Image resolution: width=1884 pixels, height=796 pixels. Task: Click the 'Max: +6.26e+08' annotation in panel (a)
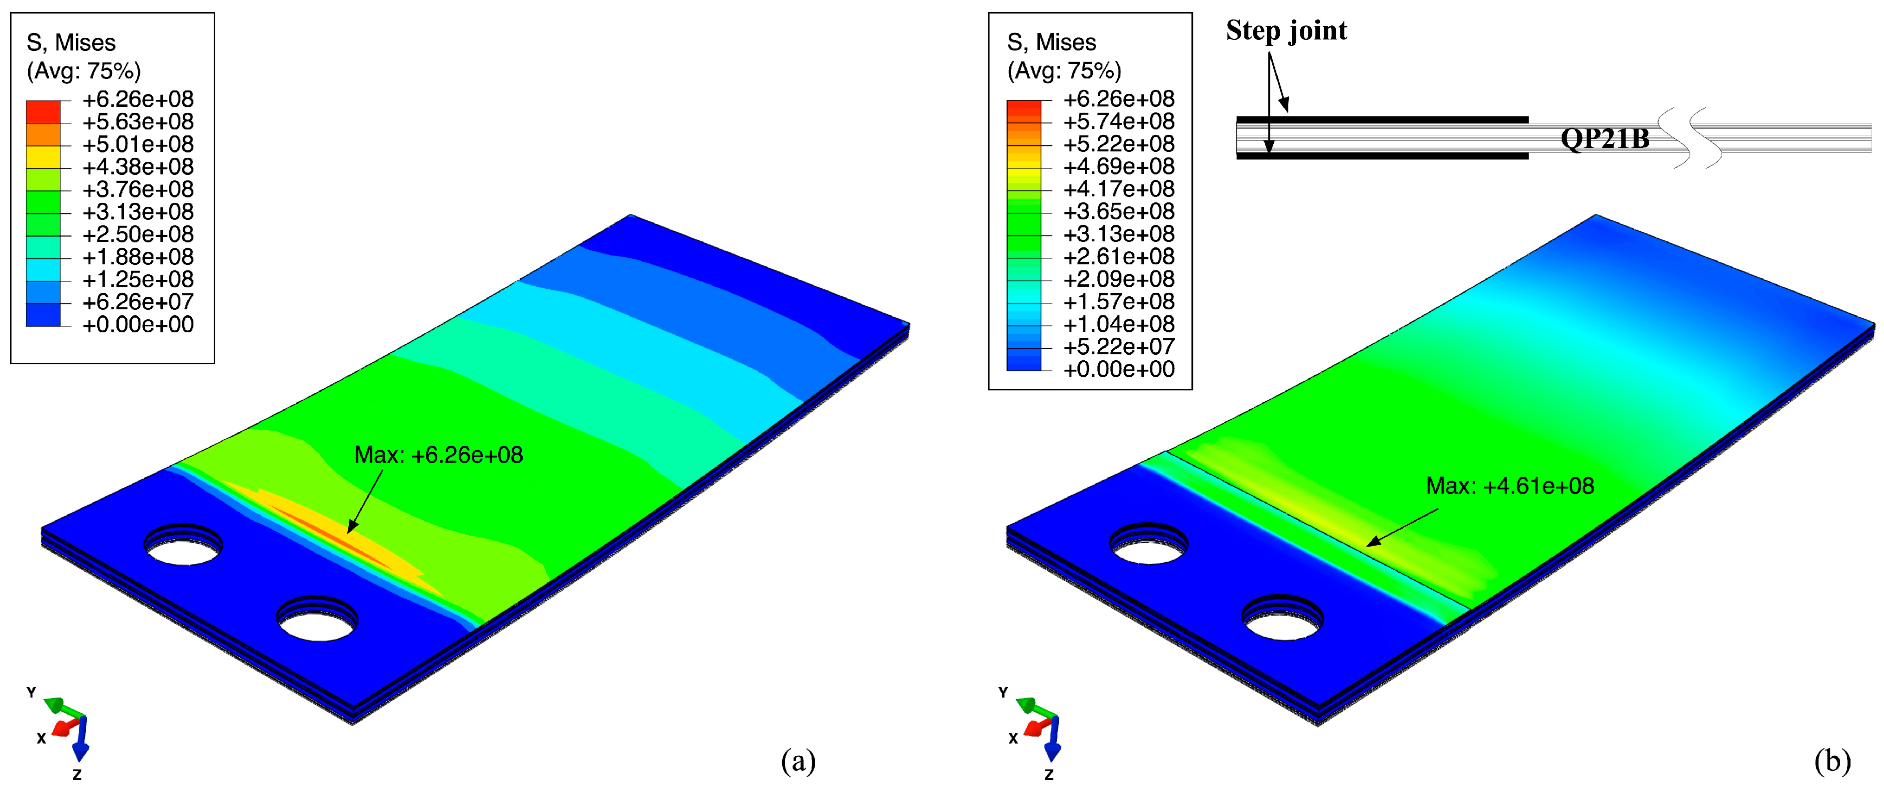438,455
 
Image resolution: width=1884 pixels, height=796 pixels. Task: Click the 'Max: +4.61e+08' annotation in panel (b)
1510,486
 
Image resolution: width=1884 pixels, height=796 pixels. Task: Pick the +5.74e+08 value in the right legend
1119,121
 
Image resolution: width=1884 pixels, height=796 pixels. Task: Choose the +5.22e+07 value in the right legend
1119,347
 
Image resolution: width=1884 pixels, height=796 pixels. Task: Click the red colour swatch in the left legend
43,112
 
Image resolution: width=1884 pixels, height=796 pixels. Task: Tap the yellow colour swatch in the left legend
43,157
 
